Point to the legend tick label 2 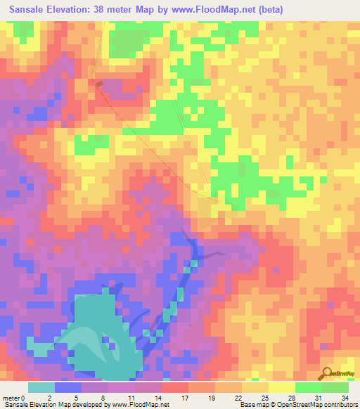(x=49, y=397)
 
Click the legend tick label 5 (x=76, y=397)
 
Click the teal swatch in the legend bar (x=41, y=387)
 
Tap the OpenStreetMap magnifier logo (x=326, y=374)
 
